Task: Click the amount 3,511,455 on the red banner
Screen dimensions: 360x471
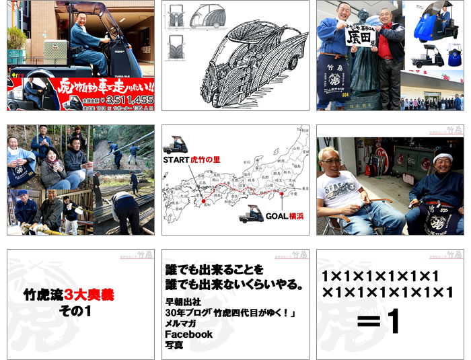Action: [x=124, y=98]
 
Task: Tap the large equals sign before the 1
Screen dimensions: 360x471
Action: [x=369, y=322]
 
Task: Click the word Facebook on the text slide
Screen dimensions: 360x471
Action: [x=189, y=334]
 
